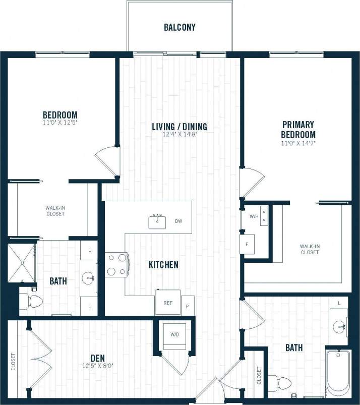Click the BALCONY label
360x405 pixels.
coord(179,27)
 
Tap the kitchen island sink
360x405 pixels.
coord(158,221)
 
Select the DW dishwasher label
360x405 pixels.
coord(178,221)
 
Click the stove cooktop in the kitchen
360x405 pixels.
coord(117,264)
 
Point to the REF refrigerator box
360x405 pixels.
coord(167,303)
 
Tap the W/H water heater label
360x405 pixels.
coord(254,217)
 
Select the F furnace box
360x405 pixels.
coord(247,245)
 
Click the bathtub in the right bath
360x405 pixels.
coord(338,373)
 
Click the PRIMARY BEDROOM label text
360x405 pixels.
coord(298,130)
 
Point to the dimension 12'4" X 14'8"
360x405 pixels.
coord(179,135)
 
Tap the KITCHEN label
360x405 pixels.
coord(163,264)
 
